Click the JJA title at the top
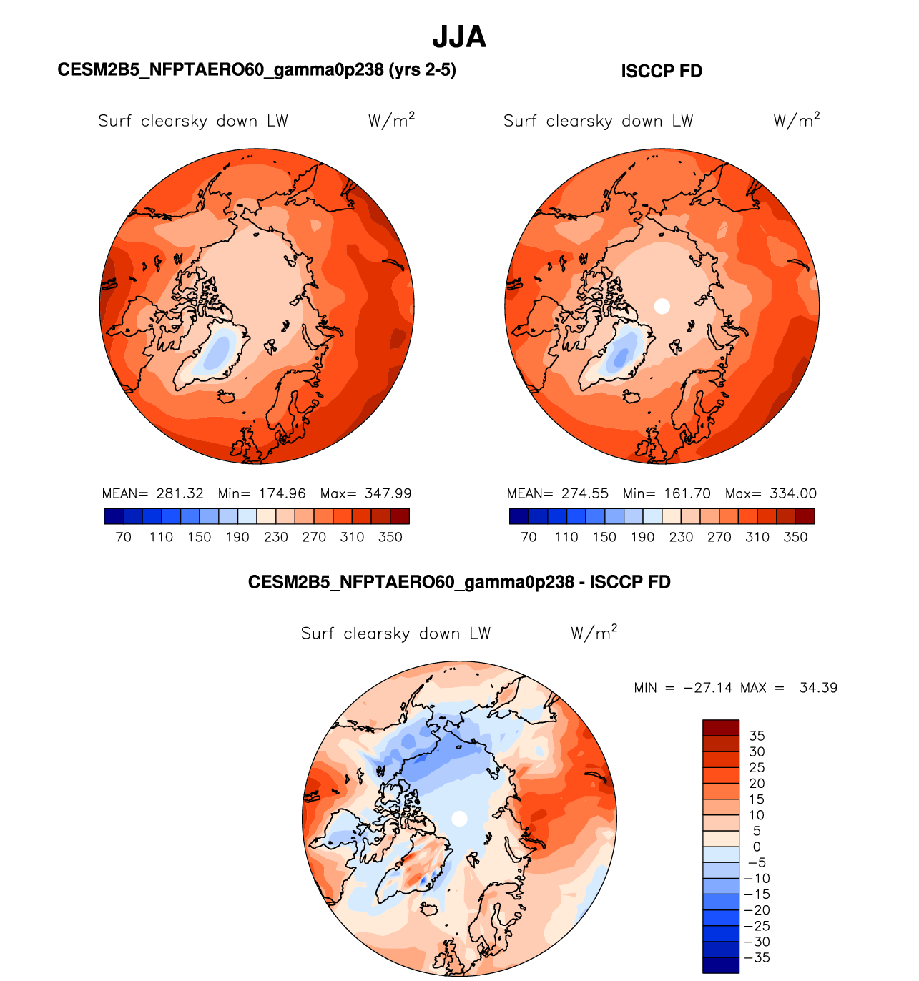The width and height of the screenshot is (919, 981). (x=459, y=37)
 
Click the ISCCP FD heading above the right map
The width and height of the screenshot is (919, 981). (x=662, y=72)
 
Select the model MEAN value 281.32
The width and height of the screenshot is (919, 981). (x=180, y=493)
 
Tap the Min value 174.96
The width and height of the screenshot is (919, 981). (x=282, y=493)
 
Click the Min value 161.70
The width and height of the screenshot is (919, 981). (x=687, y=493)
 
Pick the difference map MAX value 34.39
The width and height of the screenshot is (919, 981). (x=818, y=688)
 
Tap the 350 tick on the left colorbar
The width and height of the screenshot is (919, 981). (x=390, y=537)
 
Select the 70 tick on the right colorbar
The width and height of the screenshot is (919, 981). (x=529, y=537)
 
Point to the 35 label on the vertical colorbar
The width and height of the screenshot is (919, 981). (x=757, y=736)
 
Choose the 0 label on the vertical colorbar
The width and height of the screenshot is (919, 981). (x=757, y=847)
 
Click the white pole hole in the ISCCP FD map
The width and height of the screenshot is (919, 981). (x=662, y=306)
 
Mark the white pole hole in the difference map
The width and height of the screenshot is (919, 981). (x=460, y=818)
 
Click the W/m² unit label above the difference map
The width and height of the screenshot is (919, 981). (x=594, y=633)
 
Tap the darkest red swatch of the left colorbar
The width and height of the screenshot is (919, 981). (x=400, y=516)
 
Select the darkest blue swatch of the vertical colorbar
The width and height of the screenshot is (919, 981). (x=720, y=965)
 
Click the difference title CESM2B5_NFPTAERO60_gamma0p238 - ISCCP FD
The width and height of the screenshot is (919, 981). (x=459, y=582)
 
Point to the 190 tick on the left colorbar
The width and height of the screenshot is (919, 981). (x=237, y=537)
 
